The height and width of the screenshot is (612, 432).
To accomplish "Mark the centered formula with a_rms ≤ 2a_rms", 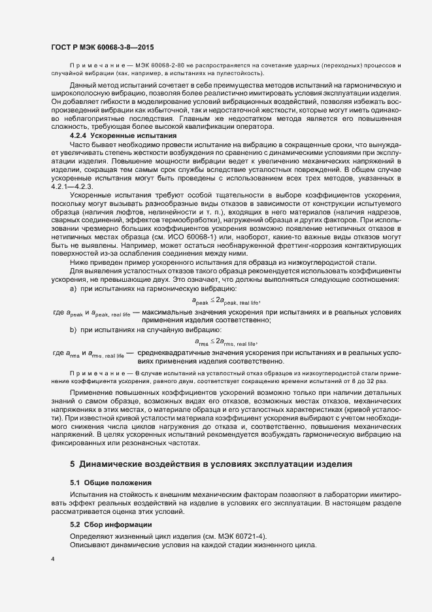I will pos(226,341).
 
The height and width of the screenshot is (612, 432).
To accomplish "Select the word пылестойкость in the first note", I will pos(233,75).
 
